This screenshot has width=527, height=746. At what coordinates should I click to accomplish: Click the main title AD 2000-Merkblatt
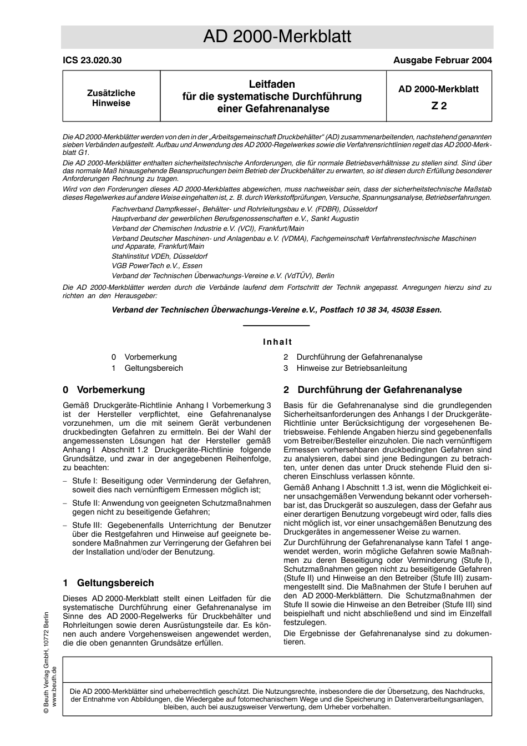[x=277, y=37]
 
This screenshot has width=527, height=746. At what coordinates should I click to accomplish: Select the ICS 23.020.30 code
[x=92, y=61]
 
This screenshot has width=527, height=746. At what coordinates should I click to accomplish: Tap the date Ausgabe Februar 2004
[x=442, y=61]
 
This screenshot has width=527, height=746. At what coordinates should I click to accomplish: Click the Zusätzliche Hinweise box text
[x=111, y=98]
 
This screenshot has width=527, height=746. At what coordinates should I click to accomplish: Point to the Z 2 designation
[x=439, y=106]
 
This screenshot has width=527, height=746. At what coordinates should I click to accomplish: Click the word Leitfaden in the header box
[x=272, y=84]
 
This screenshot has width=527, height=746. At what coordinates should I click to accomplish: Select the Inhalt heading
[x=277, y=342]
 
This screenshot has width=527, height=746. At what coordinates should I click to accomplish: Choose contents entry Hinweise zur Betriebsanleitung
[x=351, y=368]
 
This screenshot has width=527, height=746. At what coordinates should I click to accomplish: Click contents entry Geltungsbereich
[x=154, y=368]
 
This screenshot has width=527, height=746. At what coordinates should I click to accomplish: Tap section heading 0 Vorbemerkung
[x=104, y=390]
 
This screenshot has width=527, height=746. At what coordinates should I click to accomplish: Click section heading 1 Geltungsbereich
[x=109, y=583]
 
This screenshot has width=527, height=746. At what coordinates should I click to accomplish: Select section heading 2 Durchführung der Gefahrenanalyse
[x=373, y=390]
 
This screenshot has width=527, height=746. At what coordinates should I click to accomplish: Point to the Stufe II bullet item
[x=171, y=507]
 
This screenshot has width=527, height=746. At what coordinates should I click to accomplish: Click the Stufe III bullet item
[x=171, y=538]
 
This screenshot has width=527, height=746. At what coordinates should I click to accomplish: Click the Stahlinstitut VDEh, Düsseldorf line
[x=159, y=256]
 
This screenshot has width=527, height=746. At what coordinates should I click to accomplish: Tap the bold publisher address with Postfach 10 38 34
[x=277, y=310]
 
